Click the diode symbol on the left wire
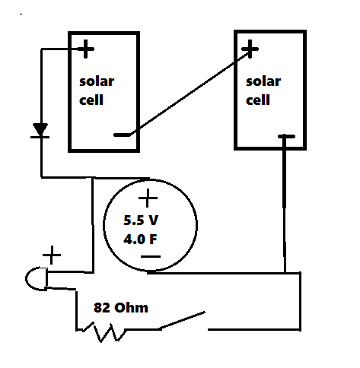point(40,131)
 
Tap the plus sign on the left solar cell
point(85,50)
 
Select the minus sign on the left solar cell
point(121,135)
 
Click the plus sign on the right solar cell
point(249,50)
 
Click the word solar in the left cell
point(97,82)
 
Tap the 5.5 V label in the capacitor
point(142,222)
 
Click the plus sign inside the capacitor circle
point(148,200)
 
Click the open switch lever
point(182,320)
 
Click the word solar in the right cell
point(262,81)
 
